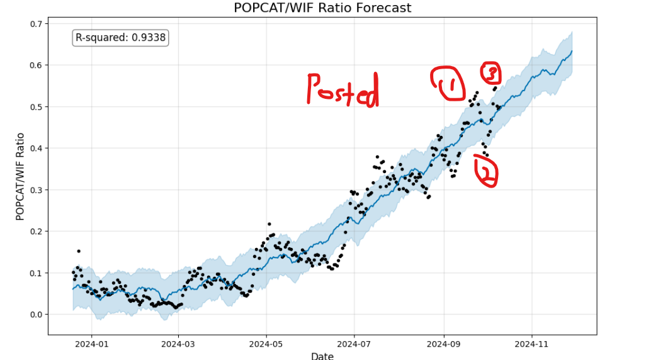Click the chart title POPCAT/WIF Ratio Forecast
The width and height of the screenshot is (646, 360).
click(322, 8)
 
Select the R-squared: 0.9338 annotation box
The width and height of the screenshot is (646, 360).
click(120, 38)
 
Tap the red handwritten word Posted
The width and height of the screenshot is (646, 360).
click(343, 89)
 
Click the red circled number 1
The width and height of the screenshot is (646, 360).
click(448, 84)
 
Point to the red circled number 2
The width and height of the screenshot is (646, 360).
click(486, 171)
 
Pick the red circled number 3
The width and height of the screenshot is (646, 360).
click(490, 73)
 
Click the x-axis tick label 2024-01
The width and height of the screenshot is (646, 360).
click(91, 345)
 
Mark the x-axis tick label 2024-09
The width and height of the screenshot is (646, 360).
click(444, 345)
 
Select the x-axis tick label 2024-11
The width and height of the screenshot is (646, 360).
click(532, 345)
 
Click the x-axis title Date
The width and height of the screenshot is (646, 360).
click(322, 356)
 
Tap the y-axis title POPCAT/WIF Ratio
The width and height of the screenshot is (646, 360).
click(20, 176)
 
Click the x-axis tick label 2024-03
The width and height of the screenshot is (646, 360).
click(178, 345)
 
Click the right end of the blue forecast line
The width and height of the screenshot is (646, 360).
click(572, 51)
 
